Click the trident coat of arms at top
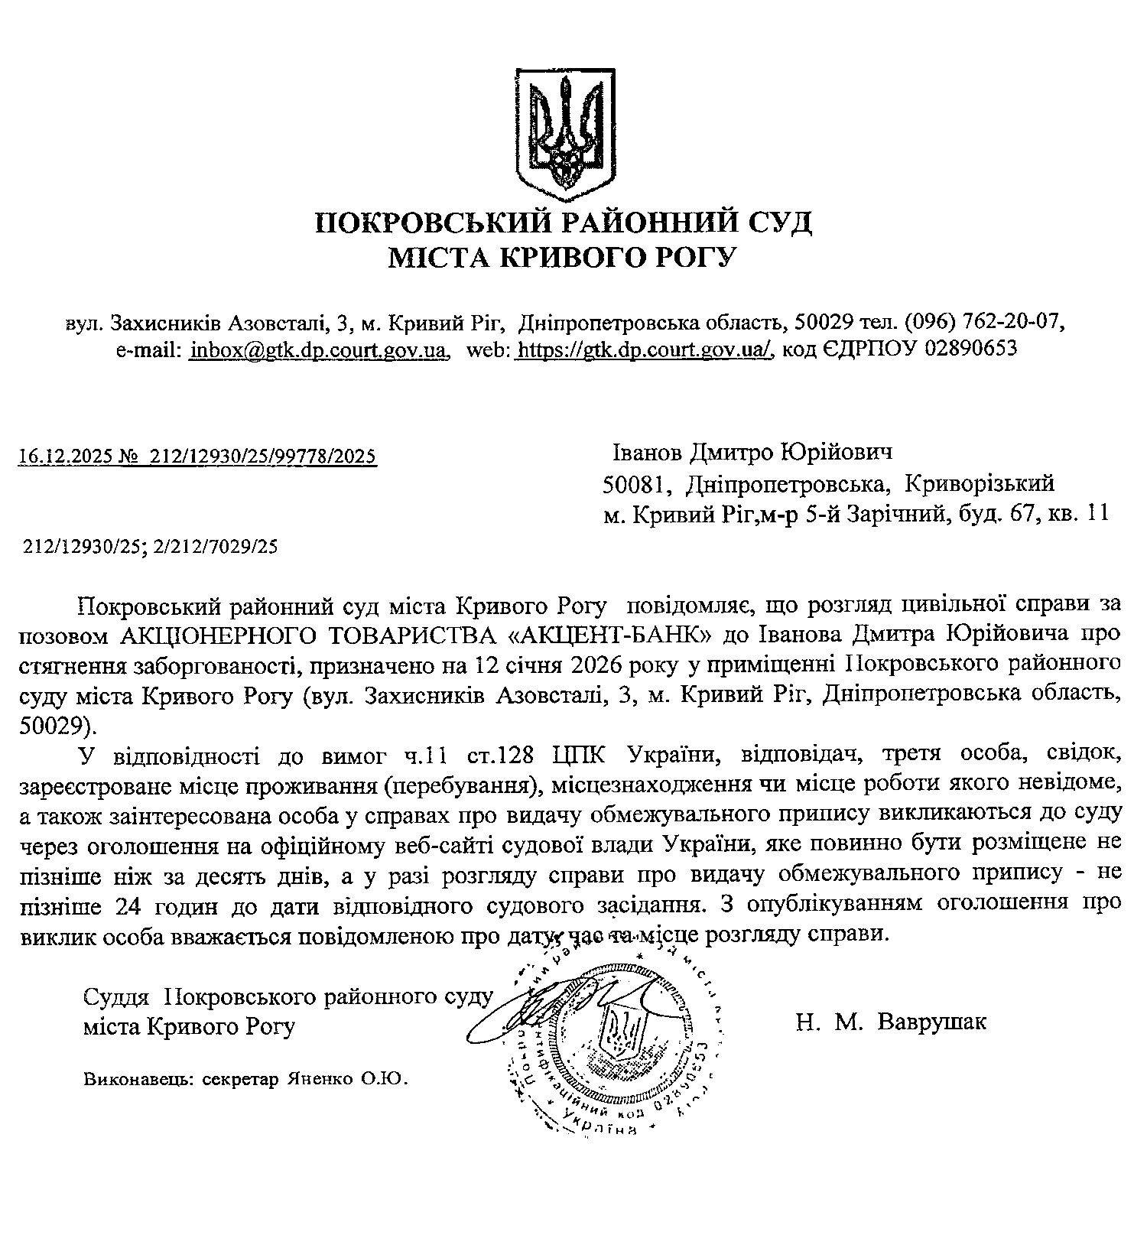(x=565, y=128)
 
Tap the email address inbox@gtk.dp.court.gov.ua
(x=317, y=349)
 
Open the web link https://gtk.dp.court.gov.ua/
(x=645, y=349)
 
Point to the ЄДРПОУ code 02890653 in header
(x=971, y=349)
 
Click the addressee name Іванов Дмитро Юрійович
(x=752, y=453)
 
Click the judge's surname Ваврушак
(x=932, y=1022)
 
